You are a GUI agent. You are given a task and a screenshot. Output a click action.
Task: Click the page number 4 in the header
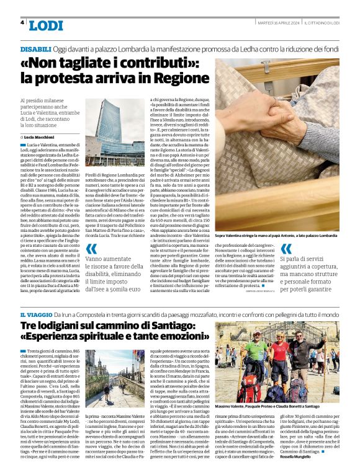tap(22, 22)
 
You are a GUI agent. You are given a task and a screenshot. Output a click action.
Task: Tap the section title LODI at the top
tap(46, 25)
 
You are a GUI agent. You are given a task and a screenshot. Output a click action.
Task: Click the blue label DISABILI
tap(35, 48)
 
